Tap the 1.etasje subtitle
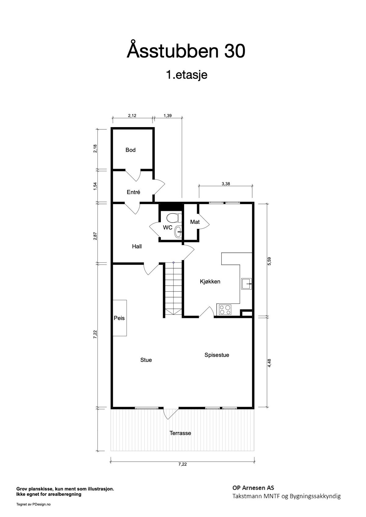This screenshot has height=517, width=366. tap(187, 75)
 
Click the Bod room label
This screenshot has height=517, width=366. tap(131, 150)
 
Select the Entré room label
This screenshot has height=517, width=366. tap(134, 192)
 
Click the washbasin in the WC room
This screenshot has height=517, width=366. tap(178, 232)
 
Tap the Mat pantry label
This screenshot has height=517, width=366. tap(195, 222)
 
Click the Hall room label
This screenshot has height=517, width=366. tap(137, 247)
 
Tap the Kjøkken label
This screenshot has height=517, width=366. tap(210, 282)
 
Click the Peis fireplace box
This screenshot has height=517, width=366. tap(120, 318)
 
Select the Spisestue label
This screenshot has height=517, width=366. tap(217, 355)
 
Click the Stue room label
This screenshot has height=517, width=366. tap(146, 360)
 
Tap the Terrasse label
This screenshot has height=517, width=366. tap(180, 433)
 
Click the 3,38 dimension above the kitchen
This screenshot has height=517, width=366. tap(226, 184)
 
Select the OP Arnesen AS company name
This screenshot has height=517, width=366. tap(253, 488)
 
